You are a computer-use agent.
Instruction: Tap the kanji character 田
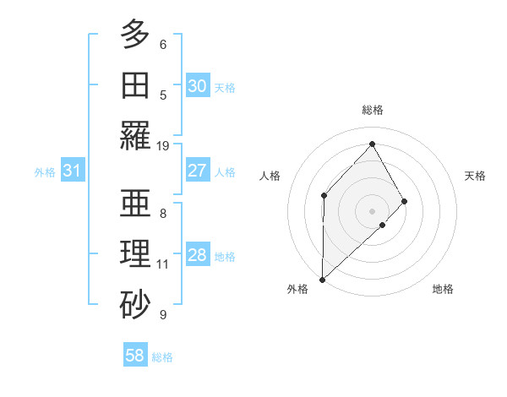135,84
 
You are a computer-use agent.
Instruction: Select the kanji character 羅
135,135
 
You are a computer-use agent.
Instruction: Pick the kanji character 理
135,254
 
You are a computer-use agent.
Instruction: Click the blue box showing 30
197,86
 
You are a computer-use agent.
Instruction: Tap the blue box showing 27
197,171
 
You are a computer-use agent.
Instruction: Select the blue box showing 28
197,256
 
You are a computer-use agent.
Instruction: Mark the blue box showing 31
73,171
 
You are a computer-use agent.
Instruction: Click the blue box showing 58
135,356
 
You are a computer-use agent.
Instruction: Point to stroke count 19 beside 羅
163,145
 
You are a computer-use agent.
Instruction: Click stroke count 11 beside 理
163,264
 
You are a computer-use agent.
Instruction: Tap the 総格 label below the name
162,357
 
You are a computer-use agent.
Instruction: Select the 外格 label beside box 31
45,172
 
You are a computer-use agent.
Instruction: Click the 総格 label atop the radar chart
372,110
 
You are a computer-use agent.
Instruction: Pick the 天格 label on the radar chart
475,176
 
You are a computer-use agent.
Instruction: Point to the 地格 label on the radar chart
443,289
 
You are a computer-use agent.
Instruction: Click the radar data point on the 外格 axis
322,279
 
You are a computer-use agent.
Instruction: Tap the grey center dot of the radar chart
372,210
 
